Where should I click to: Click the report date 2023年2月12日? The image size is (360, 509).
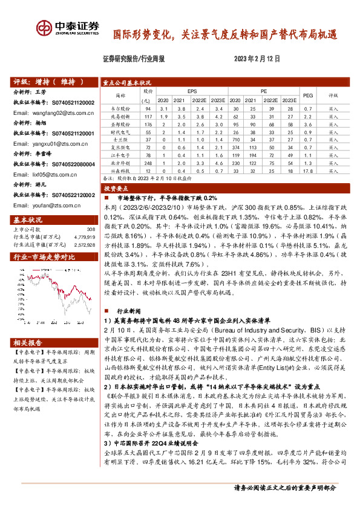(257, 59)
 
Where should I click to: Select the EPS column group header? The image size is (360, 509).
(192, 91)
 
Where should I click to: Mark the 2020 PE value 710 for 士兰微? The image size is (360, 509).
(235, 138)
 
